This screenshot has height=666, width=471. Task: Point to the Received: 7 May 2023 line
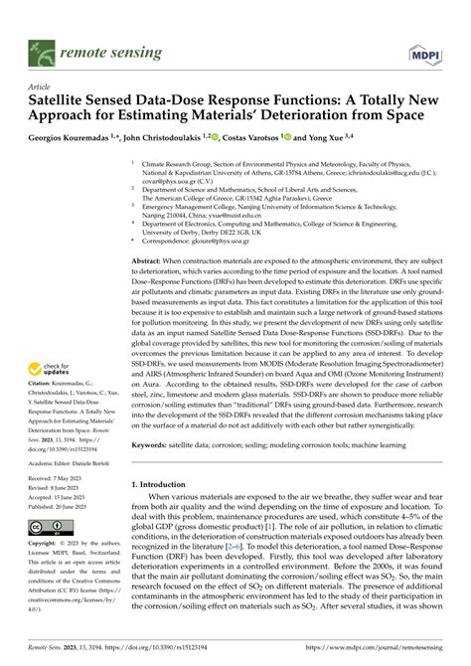coord(59,478)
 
